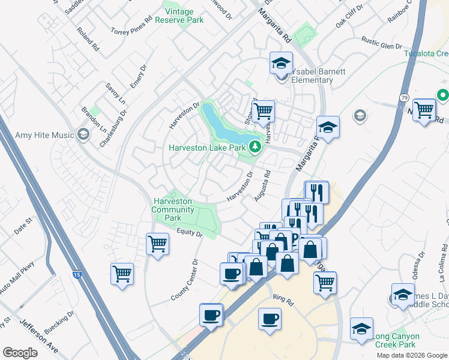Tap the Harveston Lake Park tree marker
255,147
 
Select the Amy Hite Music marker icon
83,134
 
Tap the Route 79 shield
403,97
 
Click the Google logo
20,353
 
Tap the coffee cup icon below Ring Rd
270,318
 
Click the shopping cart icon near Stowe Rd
262,110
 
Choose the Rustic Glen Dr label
381,43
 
